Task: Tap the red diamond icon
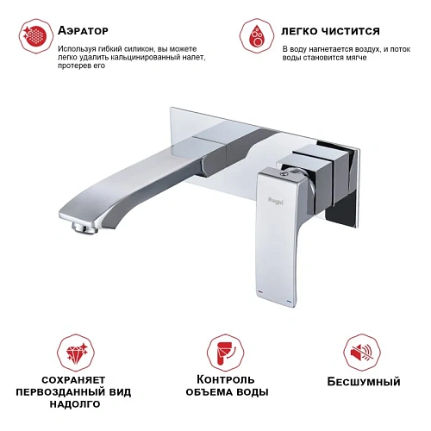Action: [x=75, y=352]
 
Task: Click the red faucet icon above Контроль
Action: [x=226, y=352]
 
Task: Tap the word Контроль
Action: [x=226, y=379]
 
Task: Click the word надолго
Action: [x=75, y=403]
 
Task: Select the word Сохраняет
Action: [x=75, y=379]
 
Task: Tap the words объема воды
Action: [x=226, y=391]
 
